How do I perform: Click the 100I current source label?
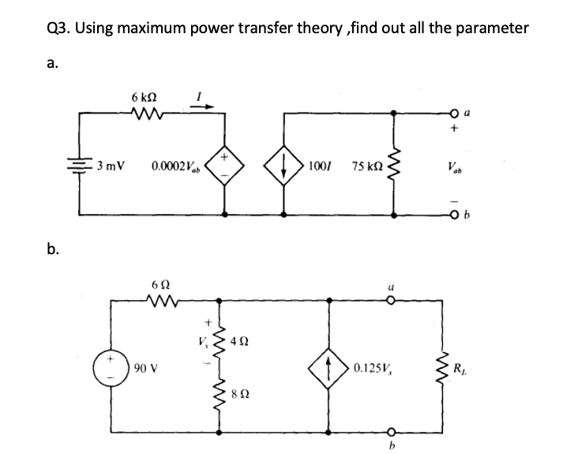(x=321, y=167)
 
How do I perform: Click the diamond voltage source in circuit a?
(x=227, y=167)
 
